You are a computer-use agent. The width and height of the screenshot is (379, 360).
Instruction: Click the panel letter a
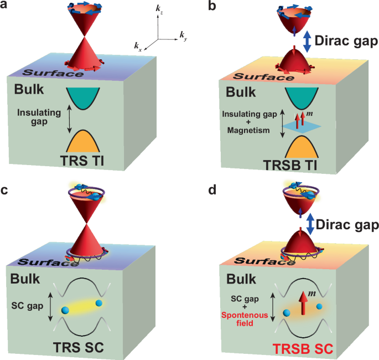click(x=5, y=7)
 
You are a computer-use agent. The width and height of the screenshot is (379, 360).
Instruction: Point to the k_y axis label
click(x=183, y=34)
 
